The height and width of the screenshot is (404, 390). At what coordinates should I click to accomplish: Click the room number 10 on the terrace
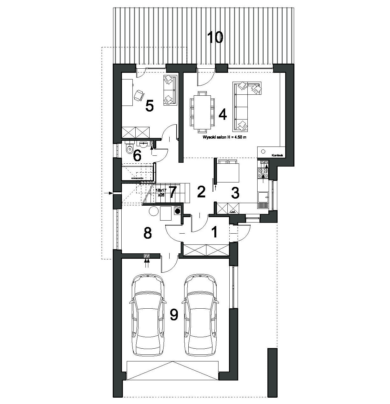pos(215,38)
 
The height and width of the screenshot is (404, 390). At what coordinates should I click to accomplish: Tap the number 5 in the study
pos(149,106)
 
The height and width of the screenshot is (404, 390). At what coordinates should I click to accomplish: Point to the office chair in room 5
pos(139,95)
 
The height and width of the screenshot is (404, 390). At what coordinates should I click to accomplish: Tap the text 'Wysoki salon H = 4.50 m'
pos(225,138)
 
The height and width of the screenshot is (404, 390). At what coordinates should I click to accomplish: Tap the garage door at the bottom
pos(172,370)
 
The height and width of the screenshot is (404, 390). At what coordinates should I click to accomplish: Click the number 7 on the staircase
pos(172,192)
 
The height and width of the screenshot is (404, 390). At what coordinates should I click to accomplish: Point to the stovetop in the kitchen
pos(264,173)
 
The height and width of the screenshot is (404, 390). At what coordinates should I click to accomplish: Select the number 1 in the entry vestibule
pos(215,232)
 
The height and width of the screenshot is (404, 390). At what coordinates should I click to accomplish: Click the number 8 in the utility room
pos(147,233)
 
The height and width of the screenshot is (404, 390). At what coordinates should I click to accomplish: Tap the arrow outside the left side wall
pos(109,193)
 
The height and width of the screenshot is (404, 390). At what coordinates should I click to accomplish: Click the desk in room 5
pos(127,92)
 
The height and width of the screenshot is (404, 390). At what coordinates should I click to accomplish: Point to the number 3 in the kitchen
pos(235,193)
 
